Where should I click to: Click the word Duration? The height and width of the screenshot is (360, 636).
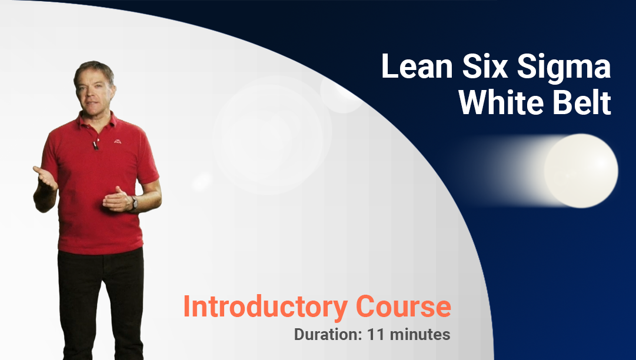[x=327, y=335]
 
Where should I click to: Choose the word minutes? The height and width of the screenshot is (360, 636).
[x=420, y=335]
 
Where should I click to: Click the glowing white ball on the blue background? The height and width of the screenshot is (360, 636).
[x=581, y=171]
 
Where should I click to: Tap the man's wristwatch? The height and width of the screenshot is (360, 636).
[x=134, y=203]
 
